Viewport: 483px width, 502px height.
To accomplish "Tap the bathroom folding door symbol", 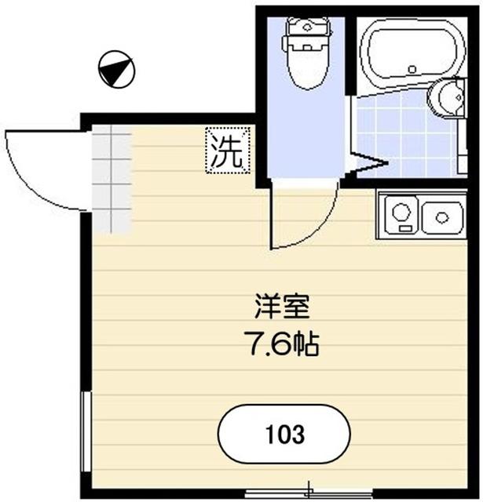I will [368, 165].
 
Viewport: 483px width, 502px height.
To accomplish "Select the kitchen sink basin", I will [442, 216].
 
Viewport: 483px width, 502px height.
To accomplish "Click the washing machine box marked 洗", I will [228, 149].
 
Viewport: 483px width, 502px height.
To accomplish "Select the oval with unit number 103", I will [284, 434].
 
